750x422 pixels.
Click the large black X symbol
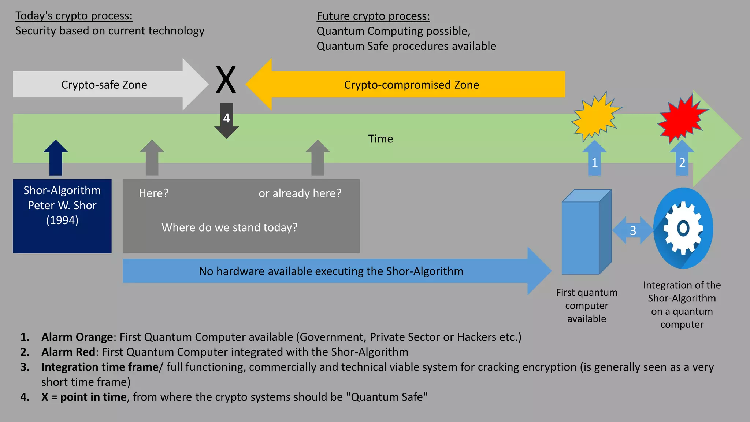(x=226, y=79)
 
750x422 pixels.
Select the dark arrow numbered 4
(x=227, y=120)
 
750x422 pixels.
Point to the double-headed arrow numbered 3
(x=633, y=230)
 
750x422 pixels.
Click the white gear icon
(x=683, y=228)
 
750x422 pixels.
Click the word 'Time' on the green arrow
(x=380, y=139)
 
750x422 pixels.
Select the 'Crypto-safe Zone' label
(x=104, y=85)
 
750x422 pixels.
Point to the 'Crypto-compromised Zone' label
(x=411, y=85)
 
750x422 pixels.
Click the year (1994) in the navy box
(x=62, y=220)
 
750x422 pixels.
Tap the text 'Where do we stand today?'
(x=229, y=227)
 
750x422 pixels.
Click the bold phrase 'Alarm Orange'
(x=77, y=337)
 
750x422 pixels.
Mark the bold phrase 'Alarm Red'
(x=68, y=352)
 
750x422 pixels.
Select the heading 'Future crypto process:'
(x=373, y=16)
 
